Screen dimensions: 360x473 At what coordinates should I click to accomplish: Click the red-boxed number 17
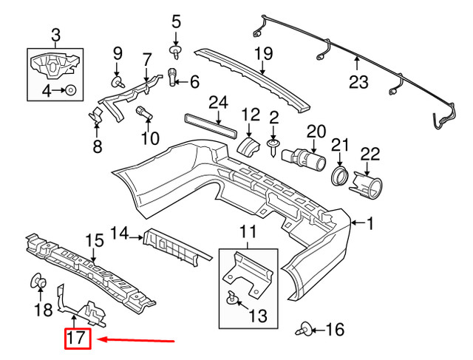[77, 341]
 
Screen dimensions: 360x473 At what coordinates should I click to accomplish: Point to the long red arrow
[137, 341]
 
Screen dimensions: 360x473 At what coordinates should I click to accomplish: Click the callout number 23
[358, 84]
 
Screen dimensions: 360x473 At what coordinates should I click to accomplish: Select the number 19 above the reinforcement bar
[264, 53]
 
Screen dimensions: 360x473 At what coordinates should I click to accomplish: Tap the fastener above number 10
[145, 114]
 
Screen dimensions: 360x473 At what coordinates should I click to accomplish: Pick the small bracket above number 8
[95, 118]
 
